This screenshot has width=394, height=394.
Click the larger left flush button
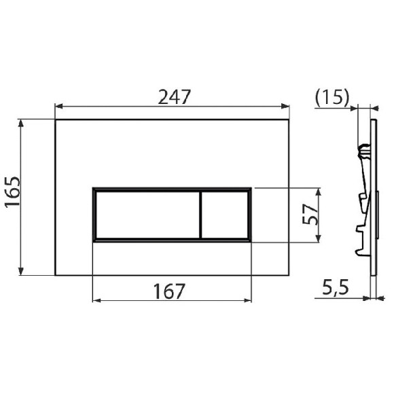coord(146,214)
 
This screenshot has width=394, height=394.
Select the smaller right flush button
coord(225,214)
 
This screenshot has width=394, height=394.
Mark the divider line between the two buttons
coord(200,214)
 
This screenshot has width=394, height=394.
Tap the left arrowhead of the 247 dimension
coord(58,106)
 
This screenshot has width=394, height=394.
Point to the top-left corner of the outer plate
coord(55,120)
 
